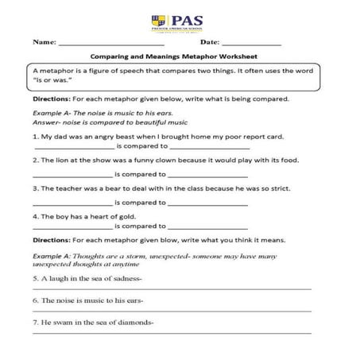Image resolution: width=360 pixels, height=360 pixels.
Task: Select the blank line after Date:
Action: pos(251,41)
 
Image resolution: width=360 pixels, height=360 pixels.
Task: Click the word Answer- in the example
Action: pos(49,125)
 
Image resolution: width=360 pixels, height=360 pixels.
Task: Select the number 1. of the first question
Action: pos(37,137)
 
